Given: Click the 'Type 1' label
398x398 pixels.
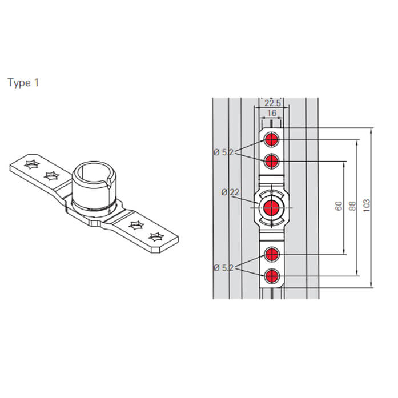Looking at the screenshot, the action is pyautogui.click(x=23, y=83).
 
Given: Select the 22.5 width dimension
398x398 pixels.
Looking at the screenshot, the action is pyautogui.click(x=272, y=103).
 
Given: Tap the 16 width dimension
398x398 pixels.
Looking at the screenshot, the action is pyautogui.click(x=272, y=113).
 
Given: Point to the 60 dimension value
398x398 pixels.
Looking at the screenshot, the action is pyautogui.click(x=339, y=206).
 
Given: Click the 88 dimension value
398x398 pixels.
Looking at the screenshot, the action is pyautogui.click(x=352, y=206).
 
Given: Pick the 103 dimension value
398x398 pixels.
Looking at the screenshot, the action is pyautogui.click(x=366, y=206).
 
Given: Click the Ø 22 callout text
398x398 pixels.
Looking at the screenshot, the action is pyautogui.click(x=230, y=192).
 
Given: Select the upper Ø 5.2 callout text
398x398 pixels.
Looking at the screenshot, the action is pyautogui.click(x=223, y=152).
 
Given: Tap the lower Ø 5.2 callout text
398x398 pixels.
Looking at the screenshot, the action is pyautogui.click(x=223, y=268).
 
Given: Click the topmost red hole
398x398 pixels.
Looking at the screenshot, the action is pyautogui.click(x=271, y=139).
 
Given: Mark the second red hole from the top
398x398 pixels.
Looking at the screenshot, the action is pyautogui.click(x=271, y=161).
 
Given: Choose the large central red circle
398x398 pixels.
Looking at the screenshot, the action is pyautogui.click(x=271, y=208).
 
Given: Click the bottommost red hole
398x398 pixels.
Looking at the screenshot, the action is pyautogui.click(x=271, y=276).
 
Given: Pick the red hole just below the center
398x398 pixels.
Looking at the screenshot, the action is pyautogui.click(x=271, y=254).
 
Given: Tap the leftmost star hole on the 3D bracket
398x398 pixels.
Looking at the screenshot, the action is pyautogui.click(x=32, y=164).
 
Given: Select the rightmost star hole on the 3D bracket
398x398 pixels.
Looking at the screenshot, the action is pyautogui.click(x=156, y=237).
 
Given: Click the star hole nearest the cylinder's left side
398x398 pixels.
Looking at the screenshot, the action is pyautogui.click(x=52, y=176).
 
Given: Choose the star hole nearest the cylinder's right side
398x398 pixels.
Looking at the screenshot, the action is pyautogui.click(x=136, y=225).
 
